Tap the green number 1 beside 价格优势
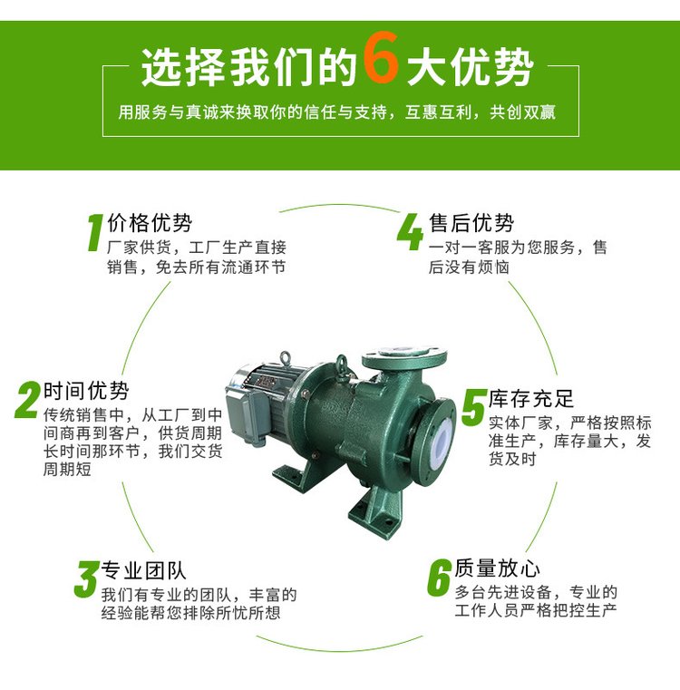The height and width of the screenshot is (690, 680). [x=95, y=233]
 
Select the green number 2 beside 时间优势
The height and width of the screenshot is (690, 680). [x=27, y=400]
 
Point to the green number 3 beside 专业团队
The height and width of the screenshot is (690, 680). [x=86, y=578]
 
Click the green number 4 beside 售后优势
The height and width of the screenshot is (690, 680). [x=410, y=231]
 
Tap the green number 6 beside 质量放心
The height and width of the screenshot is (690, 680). [x=439, y=577]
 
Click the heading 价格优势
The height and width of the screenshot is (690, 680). [x=150, y=223]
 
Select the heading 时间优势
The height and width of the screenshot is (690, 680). [x=86, y=390]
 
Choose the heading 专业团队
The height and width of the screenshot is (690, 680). [x=143, y=570]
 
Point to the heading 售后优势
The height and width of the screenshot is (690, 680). [x=471, y=223]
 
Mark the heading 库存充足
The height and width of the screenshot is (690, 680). [x=531, y=399]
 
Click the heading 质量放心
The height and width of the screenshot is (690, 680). [x=498, y=568]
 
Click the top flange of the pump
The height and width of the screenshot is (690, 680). [x=404, y=357]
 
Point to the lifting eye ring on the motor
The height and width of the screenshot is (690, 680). [x=286, y=359]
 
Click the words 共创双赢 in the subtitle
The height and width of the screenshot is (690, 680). [x=523, y=112]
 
